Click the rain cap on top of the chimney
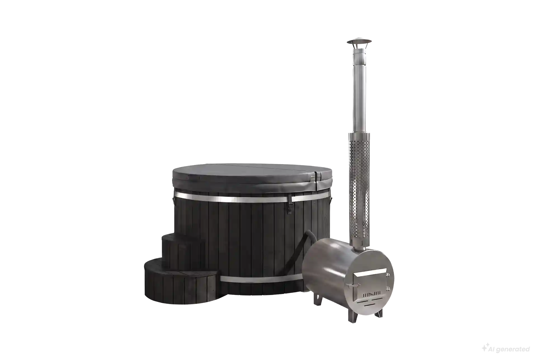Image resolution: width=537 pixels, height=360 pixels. [x=359, y=42]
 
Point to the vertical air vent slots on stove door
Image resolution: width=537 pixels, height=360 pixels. [x=371, y=293]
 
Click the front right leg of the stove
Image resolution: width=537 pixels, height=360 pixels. [x=378, y=312]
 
